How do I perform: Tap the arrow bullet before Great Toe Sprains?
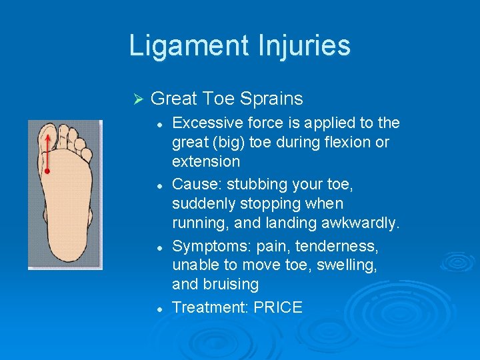(x=139, y=99)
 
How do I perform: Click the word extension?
(x=205, y=161)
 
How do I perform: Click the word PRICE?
(x=278, y=307)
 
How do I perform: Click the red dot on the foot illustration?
(x=47, y=171)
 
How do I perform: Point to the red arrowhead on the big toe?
(x=47, y=134)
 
